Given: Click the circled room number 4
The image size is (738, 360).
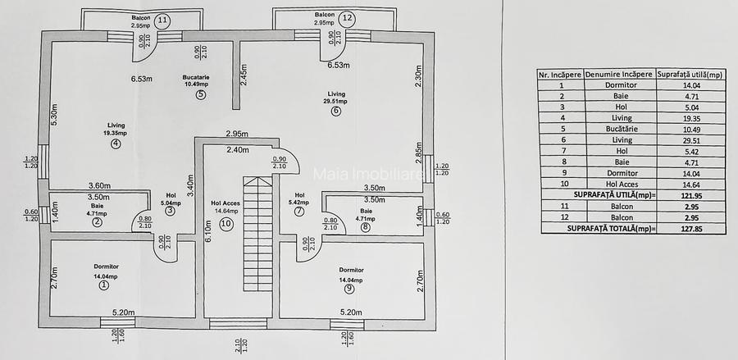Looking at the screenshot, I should pyautogui.click(x=116, y=144).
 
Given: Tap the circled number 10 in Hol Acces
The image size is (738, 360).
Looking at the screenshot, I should pyautogui.click(x=226, y=222).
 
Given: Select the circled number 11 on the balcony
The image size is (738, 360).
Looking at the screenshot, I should pyautogui.click(x=163, y=18).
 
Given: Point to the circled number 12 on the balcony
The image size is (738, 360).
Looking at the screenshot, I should pyautogui.click(x=348, y=17).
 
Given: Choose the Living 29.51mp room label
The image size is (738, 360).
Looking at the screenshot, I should pyautogui.click(x=336, y=98).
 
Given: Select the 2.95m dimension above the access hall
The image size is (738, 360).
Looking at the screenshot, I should pyautogui.click(x=238, y=134).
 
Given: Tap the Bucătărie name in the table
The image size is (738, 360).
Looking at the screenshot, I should pyautogui.click(x=619, y=129).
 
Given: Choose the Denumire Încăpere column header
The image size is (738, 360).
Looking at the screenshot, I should pyautogui.click(x=619, y=73).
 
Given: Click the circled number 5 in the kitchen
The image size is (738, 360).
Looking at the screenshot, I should pyautogui.click(x=200, y=94).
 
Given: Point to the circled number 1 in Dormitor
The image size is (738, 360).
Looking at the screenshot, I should pyautogui.click(x=104, y=285).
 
